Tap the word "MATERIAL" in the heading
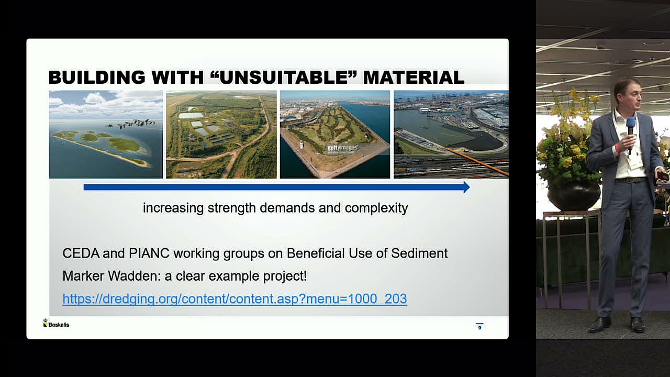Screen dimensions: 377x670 tap(414, 77)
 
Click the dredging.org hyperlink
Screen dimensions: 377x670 tap(234, 298)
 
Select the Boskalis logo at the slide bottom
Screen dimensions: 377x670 tap(56, 324)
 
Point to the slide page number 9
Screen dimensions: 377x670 tap(479, 327)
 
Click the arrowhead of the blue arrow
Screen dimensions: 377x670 tap(466, 187)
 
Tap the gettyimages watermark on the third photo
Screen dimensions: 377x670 tap(341, 148)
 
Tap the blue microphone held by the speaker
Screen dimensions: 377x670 tap(630, 126)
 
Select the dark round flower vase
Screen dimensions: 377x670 tap(574, 195)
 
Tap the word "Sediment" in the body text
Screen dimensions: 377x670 tap(421, 253)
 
